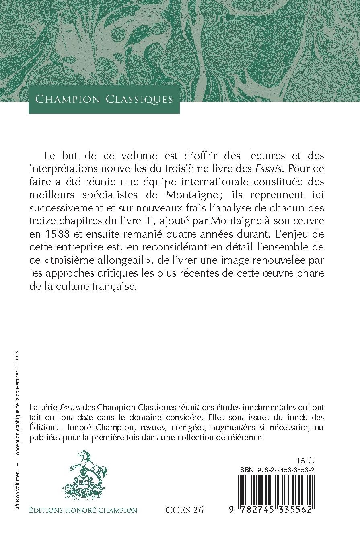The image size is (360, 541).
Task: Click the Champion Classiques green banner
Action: click(104, 99)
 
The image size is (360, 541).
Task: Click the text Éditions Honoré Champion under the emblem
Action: click(83, 510)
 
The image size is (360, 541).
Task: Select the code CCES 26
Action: click(184, 510)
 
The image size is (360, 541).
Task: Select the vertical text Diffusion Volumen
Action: click(18, 496)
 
